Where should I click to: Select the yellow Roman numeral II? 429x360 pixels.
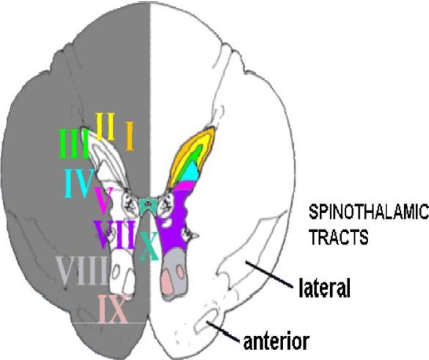[105, 126]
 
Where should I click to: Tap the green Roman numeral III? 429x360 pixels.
[73, 144]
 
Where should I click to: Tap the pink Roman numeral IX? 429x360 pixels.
[111, 309]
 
